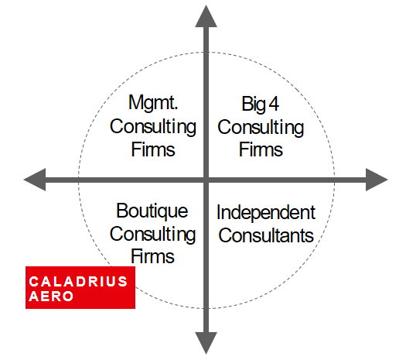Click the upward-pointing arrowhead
click(x=206, y=16)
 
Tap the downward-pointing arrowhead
click(x=206, y=343)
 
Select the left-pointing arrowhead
click(x=35, y=180)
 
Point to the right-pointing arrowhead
click(x=377, y=180)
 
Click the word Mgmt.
click(x=153, y=103)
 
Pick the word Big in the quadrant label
click(x=254, y=105)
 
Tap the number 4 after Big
click(x=274, y=104)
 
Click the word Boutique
click(x=152, y=211)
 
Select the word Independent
click(x=266, y=213)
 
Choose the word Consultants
click(x=266, y=235)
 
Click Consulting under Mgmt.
click(x=153, y=127)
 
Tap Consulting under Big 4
click(x=261, y=128)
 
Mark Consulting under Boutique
click(x=152, y=235)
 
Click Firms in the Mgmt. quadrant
click(x=153, y=149)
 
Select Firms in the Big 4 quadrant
click(x=261, y=149)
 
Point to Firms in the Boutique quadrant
click(x=152, y=256)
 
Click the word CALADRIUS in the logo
click(x=78, y=282)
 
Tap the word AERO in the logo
click(x=51, y=297)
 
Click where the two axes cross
click(x=206, y=180)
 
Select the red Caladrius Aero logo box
click(x=80, y=287)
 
